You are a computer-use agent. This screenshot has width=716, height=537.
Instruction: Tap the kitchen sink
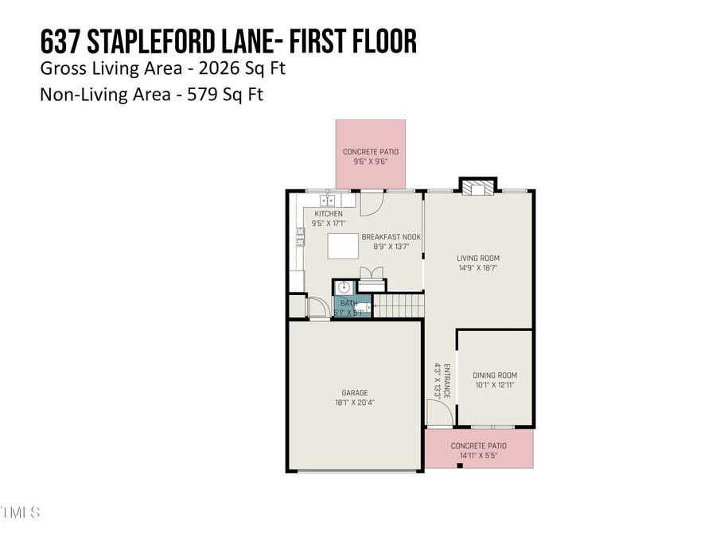click(x=329, y=199)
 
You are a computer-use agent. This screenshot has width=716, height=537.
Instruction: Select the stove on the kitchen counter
click(x=301, y=235)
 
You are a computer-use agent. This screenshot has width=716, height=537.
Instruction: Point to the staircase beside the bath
click(x=397, y=305)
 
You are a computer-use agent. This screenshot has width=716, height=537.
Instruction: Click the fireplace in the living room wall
click(x=477, y=188)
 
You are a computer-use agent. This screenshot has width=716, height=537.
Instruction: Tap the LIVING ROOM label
click(x=477, y=258)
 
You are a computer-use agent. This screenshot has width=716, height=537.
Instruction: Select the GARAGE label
click(x=354, y=392)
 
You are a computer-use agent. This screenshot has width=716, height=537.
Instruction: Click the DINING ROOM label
click(x=494, y=376)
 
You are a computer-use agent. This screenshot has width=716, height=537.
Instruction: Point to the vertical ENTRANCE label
click(x=446, y=381)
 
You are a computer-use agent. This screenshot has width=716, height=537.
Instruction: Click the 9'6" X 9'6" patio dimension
click(x=370, y=161)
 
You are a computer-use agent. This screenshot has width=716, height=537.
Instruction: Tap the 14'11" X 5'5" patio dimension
click(x=478, y=456)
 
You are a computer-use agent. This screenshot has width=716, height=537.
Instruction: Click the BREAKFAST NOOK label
click(x=391, y=236)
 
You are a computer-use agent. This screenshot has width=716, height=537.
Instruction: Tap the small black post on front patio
click(x=459, y=465)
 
